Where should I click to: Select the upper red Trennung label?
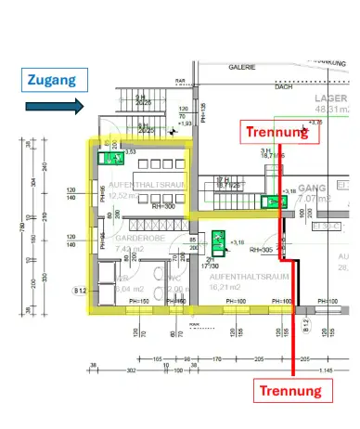[282, 132]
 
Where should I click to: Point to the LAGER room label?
[331, 97]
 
